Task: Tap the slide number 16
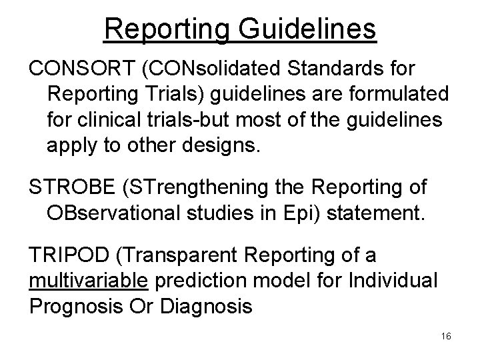coord(446,337)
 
